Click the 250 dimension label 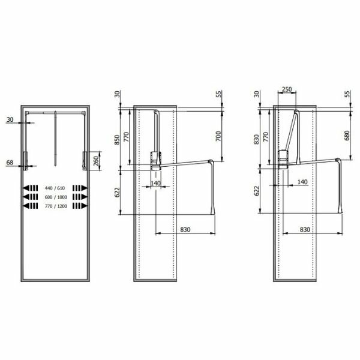point(287,89)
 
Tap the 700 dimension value point(218,136)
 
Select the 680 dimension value point(347,136)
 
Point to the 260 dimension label point(96,161)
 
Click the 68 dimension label point(10,163)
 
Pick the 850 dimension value point(117,140)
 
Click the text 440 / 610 point(55,188)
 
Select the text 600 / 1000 point(56,197)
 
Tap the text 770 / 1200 point(56,206)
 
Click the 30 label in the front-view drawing point(10,119)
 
